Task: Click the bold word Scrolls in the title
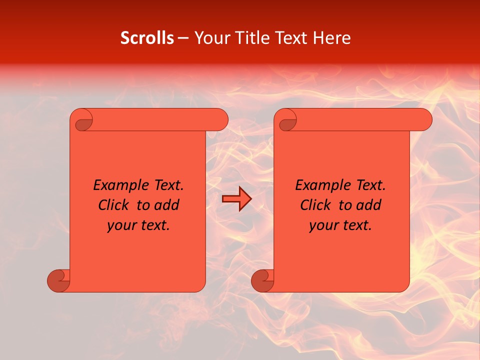pos(147,38)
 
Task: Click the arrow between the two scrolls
pos(236,199)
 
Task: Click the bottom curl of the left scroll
pos(59,281)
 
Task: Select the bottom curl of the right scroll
pos(263,281)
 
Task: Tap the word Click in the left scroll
pos(109,205)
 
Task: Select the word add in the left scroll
pos(167,205)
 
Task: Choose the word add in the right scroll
pos(369,205)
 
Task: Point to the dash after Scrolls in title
pos(183,38)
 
